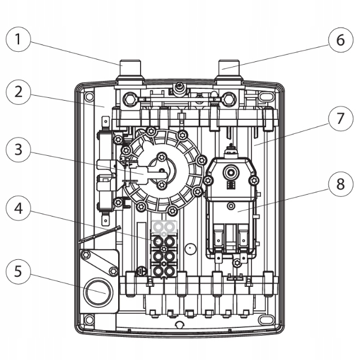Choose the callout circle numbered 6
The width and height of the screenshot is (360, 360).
pyautogui.click(x=339, y=39)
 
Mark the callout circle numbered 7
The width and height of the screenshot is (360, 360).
pyautogui.click(x=339, y=119)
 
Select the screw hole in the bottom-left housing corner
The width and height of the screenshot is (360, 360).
pyautogui.click(x=88, y=320)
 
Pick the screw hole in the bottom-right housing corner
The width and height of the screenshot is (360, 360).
pyautogui.click(x=271, y=320)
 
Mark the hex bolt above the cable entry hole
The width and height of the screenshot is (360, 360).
pyautogui.click(x=86, y=255)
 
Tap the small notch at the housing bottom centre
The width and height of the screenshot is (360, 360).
pyautogui.click(x=179, y=325)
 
